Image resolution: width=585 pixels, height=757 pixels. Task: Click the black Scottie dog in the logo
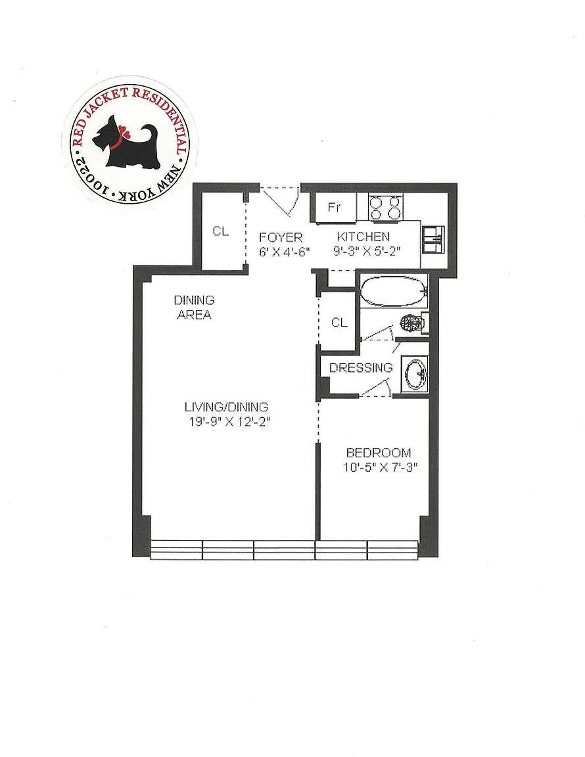[126, 143]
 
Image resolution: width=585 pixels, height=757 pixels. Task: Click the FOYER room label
[281, 237]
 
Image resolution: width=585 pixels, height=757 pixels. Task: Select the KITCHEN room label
[363, 237]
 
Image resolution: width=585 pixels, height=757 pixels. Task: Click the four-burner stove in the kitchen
[385, 208]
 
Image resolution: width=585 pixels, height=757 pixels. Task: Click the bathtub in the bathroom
[394, 290]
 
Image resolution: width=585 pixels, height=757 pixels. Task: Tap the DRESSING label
[361, 368]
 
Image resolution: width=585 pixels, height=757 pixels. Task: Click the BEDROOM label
[379, 453]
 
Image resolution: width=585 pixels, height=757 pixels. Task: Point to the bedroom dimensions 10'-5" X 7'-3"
[380, 467]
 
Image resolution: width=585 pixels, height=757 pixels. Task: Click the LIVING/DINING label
[226, 407]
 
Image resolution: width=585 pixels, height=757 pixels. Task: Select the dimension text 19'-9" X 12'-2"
[229, 422]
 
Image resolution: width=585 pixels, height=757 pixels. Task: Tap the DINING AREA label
[194, 308]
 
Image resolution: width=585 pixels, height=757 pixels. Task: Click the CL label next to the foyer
[221, 232]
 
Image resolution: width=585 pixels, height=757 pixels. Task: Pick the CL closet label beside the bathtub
[339, 323]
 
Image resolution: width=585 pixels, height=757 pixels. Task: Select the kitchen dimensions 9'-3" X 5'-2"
[367, 251]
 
